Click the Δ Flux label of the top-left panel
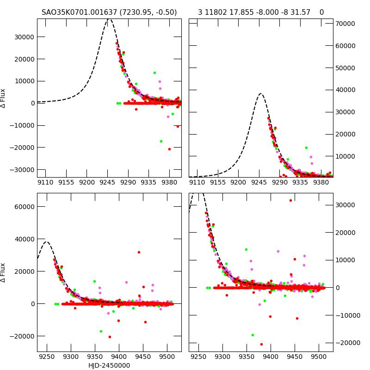coord(3,98)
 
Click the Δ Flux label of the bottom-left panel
coord(3,272)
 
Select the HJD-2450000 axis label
coord(109,365)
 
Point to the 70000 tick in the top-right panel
coord(345,24)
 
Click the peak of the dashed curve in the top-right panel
coord(260,94)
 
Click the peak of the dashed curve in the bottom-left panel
coord(46,241)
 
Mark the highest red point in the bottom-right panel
coord(290,200)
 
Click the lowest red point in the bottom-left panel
coord(110,337)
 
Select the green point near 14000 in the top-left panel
coord(154,73)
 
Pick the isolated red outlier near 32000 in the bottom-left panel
coord(139,252)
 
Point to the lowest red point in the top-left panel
coord(169,149)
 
